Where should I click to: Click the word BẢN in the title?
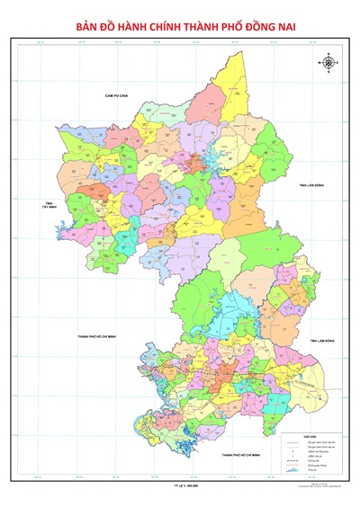point(88,29)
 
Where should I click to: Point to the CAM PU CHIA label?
point(117,94)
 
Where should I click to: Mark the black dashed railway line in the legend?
point(292,460)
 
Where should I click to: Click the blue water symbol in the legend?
point(292,470)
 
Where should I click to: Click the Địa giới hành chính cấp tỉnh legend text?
point(321,442)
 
